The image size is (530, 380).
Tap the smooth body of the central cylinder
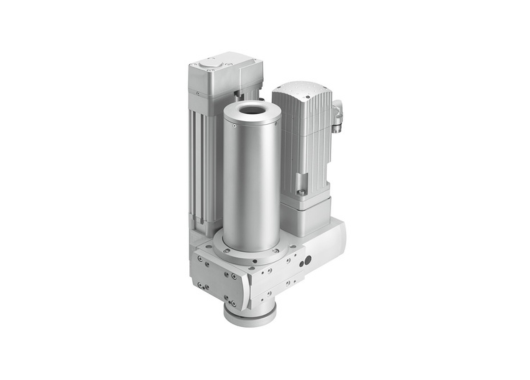[x=251, y=180]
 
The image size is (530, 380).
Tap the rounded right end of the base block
[x=336, y=245]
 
